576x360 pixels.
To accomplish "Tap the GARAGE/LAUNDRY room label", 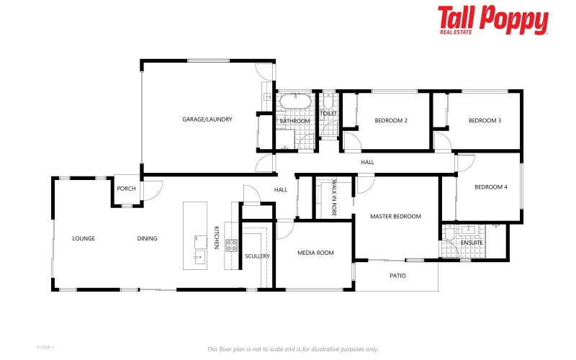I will click(x=207, y=120).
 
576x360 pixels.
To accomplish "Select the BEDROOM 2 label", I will click(x=391, y=120).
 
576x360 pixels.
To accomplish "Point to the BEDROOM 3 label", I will click(x=485, y=120).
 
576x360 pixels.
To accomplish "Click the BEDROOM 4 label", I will click(x=491, y=187).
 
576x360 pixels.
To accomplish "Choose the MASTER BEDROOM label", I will click(x=395, y=216).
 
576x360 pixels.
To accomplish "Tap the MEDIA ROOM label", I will click(x=315, y=253).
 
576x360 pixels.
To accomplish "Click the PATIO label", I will click(x=397, y=275).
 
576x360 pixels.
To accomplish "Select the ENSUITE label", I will click(x=472, y=243).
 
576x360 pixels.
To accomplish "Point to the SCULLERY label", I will click(x=257, y=256).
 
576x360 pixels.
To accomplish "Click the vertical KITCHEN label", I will click(x=216, y=238).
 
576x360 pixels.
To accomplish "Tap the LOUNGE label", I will click(x=84, y=238).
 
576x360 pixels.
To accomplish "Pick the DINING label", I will click(x=148, y=238).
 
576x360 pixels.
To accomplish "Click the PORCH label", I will click(x=126, y=190).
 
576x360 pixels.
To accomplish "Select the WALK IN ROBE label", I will click(x=334, y=199).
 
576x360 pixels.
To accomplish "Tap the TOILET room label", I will click(x=328, y=113).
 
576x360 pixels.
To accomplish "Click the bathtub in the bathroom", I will click(x=294, y=101).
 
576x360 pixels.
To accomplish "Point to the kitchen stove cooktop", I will click(x=232, y=245).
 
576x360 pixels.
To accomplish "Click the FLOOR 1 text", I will click(x=45, y=347).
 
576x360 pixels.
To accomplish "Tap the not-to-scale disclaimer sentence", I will click(x=292, y=349).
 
